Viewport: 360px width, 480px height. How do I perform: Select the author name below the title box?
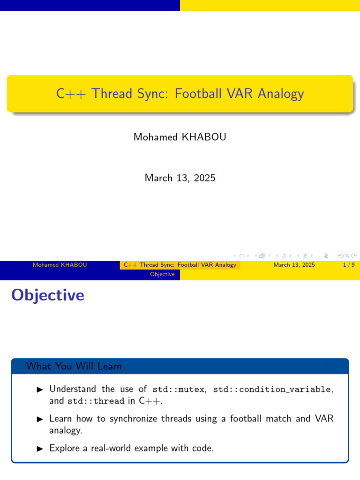coord(180,137)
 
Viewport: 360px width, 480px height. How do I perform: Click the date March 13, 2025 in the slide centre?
coord(180,178)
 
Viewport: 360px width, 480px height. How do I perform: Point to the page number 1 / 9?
coord(348,265)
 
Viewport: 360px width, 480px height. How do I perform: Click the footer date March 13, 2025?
coord(294,265)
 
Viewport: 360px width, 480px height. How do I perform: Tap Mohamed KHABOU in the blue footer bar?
coord(60,265)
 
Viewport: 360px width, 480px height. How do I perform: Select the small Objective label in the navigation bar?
coord(162,274)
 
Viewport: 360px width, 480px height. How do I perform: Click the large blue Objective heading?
coord(48,295)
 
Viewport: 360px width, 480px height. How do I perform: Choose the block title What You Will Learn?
coord(74,366)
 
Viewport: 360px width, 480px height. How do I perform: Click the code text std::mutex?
coord(179,389)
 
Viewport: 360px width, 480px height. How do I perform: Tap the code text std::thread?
coord(96,401)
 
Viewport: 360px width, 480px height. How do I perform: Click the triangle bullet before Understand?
coord(40,389)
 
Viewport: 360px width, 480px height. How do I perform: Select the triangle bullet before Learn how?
coord(40,419)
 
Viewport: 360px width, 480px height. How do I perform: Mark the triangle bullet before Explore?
coord(40,448)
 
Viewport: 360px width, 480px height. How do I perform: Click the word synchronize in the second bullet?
coord(134,419)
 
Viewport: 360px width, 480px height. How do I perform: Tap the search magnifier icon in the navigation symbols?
coord(347,255)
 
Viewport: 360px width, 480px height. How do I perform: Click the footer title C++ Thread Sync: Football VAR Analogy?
coord(180,265)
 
